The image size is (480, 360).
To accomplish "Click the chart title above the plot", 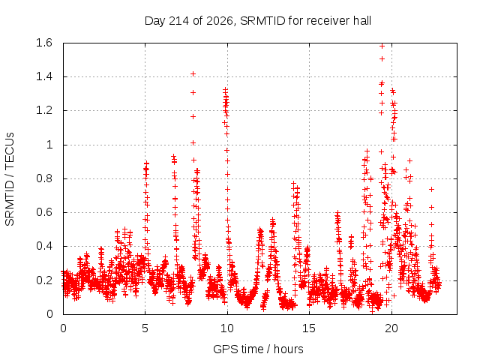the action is tap(258, 21).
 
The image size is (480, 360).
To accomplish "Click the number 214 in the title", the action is tap(178, 21).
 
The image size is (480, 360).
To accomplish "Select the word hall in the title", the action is tap(362, 21).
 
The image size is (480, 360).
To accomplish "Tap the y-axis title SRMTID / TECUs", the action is tap(10, 179).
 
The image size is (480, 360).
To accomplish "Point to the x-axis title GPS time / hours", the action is tap(258, 349).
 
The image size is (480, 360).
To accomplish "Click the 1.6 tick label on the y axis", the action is tap(44, 43).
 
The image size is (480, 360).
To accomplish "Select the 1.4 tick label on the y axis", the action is tap(44, 76).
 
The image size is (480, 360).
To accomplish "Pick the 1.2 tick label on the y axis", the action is tap(44, 110).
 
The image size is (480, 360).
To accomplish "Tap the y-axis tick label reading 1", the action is tap(49, 145).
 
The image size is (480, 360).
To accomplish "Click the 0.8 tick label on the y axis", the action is tap(44, 178).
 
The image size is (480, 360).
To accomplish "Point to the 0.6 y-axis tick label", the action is tap(44, 212).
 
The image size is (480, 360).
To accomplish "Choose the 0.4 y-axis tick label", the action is tap(44, 246).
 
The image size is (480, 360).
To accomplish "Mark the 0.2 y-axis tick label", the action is tap(44, 280).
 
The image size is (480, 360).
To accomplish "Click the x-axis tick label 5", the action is tap(145, 328).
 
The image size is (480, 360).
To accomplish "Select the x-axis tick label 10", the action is tap(227, 328).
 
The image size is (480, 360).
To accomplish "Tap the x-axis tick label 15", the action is tap(309, 328).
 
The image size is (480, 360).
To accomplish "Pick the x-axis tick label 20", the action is tap(391, 328).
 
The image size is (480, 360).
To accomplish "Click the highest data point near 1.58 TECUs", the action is tap(382, 46).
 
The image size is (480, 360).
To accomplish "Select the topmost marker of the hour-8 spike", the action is tap(193, 73).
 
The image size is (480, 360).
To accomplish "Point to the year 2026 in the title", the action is tap(220, 21).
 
